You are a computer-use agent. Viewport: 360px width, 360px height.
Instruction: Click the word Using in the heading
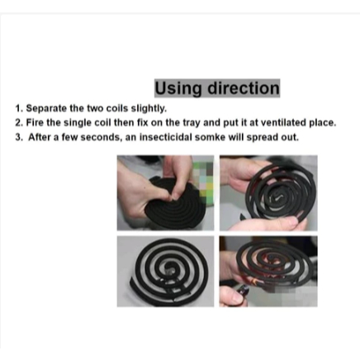[x=178, y=89]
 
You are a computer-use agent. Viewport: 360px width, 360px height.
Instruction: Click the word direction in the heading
[x=243, y=88]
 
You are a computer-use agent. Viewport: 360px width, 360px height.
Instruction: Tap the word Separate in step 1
[x=46, y=108]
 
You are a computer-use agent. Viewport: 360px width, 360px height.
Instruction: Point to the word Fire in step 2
[x=35, y=122]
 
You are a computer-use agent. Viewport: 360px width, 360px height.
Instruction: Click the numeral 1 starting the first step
[x=18, y=108]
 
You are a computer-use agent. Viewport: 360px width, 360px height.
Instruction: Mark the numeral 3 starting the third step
[x=18, y=137]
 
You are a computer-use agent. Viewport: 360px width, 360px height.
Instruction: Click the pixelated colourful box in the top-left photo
[x=203, y=179]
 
